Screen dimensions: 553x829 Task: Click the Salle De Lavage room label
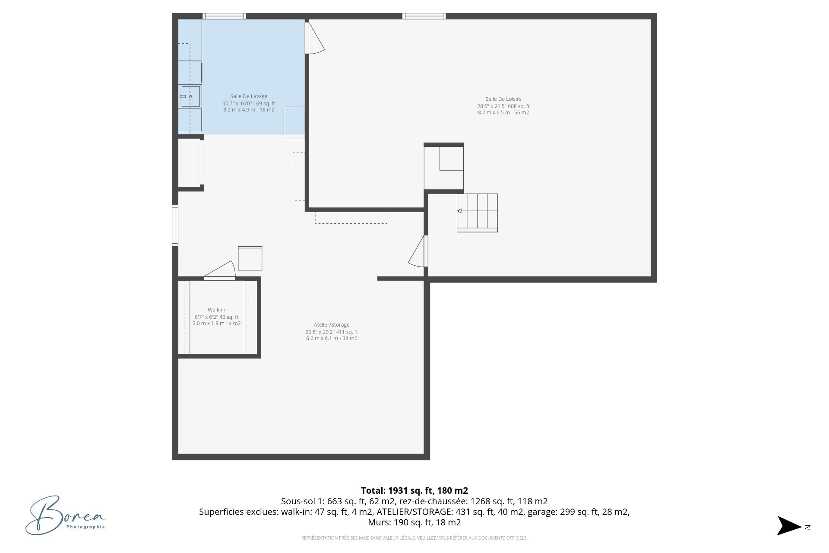click(x=249, y=96)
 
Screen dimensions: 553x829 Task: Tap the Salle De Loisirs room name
click(x=503, y=99)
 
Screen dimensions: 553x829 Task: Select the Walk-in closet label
click(x=216, y=310)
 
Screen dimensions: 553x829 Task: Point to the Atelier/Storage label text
click(x=332, y=325)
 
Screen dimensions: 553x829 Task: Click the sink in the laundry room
click(x=190, y=97)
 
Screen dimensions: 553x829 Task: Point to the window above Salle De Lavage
click(x=225, y=16)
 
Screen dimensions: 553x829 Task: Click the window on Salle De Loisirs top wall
click(x=424, y=16)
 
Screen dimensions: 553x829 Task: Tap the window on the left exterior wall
click(x=175, y=226)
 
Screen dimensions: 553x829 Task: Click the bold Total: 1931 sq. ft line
click(x=414, y=490)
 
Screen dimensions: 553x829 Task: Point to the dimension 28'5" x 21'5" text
click(x=503, y=106)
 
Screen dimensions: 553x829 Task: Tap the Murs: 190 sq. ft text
click(x=414, y=522)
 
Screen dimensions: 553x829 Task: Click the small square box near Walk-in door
click(x=250, y=258)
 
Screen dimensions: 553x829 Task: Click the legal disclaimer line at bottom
click(x=414, y=538)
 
